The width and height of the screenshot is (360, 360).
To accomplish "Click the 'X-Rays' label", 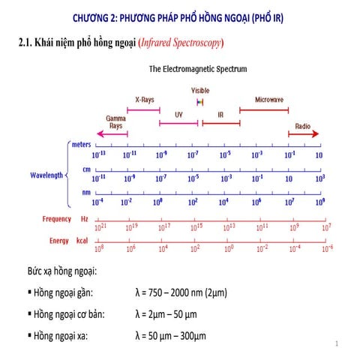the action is click(x=145, y=99).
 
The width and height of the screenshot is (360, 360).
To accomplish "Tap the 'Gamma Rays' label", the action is click(x=115, y=122).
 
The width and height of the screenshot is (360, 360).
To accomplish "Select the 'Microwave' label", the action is click(x=269, y=99).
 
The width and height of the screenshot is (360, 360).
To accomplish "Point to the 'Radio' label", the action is click(x=302, y=126).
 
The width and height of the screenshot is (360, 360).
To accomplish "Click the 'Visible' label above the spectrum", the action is click(x=200, y=90).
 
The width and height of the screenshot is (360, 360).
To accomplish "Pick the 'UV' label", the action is click(x=178, y=115).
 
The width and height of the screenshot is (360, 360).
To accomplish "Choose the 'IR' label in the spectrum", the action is click(x=220, y=115).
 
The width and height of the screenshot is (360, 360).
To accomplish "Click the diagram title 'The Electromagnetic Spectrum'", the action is click(x=198, y=69).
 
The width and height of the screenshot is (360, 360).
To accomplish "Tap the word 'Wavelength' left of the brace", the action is click(x=46, y=175).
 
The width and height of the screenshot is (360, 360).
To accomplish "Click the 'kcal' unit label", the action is click(x=84, y=241).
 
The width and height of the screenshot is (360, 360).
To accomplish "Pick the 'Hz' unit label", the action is click(x=84, y=219).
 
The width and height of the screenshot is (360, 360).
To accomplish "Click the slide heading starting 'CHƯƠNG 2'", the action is click(x=183, y=16).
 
